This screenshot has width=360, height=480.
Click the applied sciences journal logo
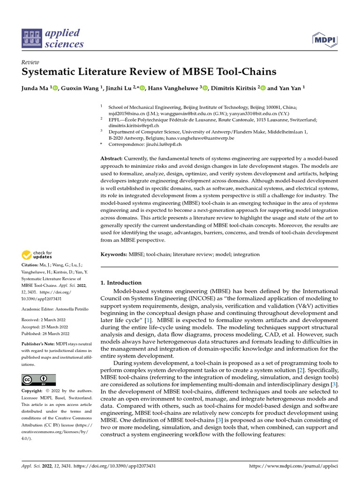click(x=52, y=38)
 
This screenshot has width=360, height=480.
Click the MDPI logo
click(x=325, y=39)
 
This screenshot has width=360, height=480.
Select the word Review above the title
click(x=30, y=62)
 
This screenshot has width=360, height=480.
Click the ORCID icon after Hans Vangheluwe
click(x=205, y=87)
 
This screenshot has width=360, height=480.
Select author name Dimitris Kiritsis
click(x=233, y=87)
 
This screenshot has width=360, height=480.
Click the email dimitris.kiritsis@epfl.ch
click(x=134, y=126)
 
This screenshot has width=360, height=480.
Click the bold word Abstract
click(x=112, y=159)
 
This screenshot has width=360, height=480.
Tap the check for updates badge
click(x=37, y=255)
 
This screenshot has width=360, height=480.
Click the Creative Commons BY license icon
click(x=39, y=380)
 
